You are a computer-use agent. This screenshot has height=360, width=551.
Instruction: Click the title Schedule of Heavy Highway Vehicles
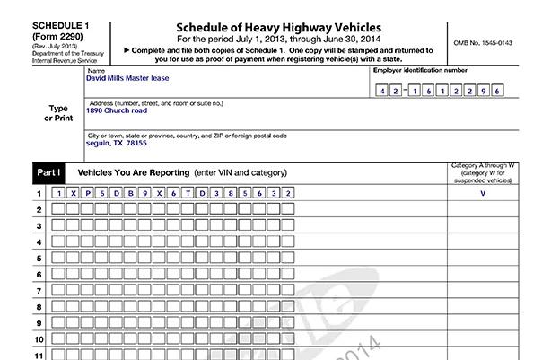point(280,30)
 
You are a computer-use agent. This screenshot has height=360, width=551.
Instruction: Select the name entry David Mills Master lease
point(129,77)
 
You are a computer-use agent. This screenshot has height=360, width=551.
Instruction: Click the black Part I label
point(48,171)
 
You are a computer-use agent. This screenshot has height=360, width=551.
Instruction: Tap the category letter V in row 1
point(483,193)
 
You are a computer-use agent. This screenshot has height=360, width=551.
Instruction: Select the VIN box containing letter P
point(88,193)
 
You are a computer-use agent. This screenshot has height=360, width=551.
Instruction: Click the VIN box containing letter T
point(188,193)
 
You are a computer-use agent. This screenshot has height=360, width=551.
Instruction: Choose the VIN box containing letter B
point(131,193)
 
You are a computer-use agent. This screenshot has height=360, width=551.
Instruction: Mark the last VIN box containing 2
point(287,193)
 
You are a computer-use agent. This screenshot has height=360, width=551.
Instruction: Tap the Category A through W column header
point(483,172)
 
